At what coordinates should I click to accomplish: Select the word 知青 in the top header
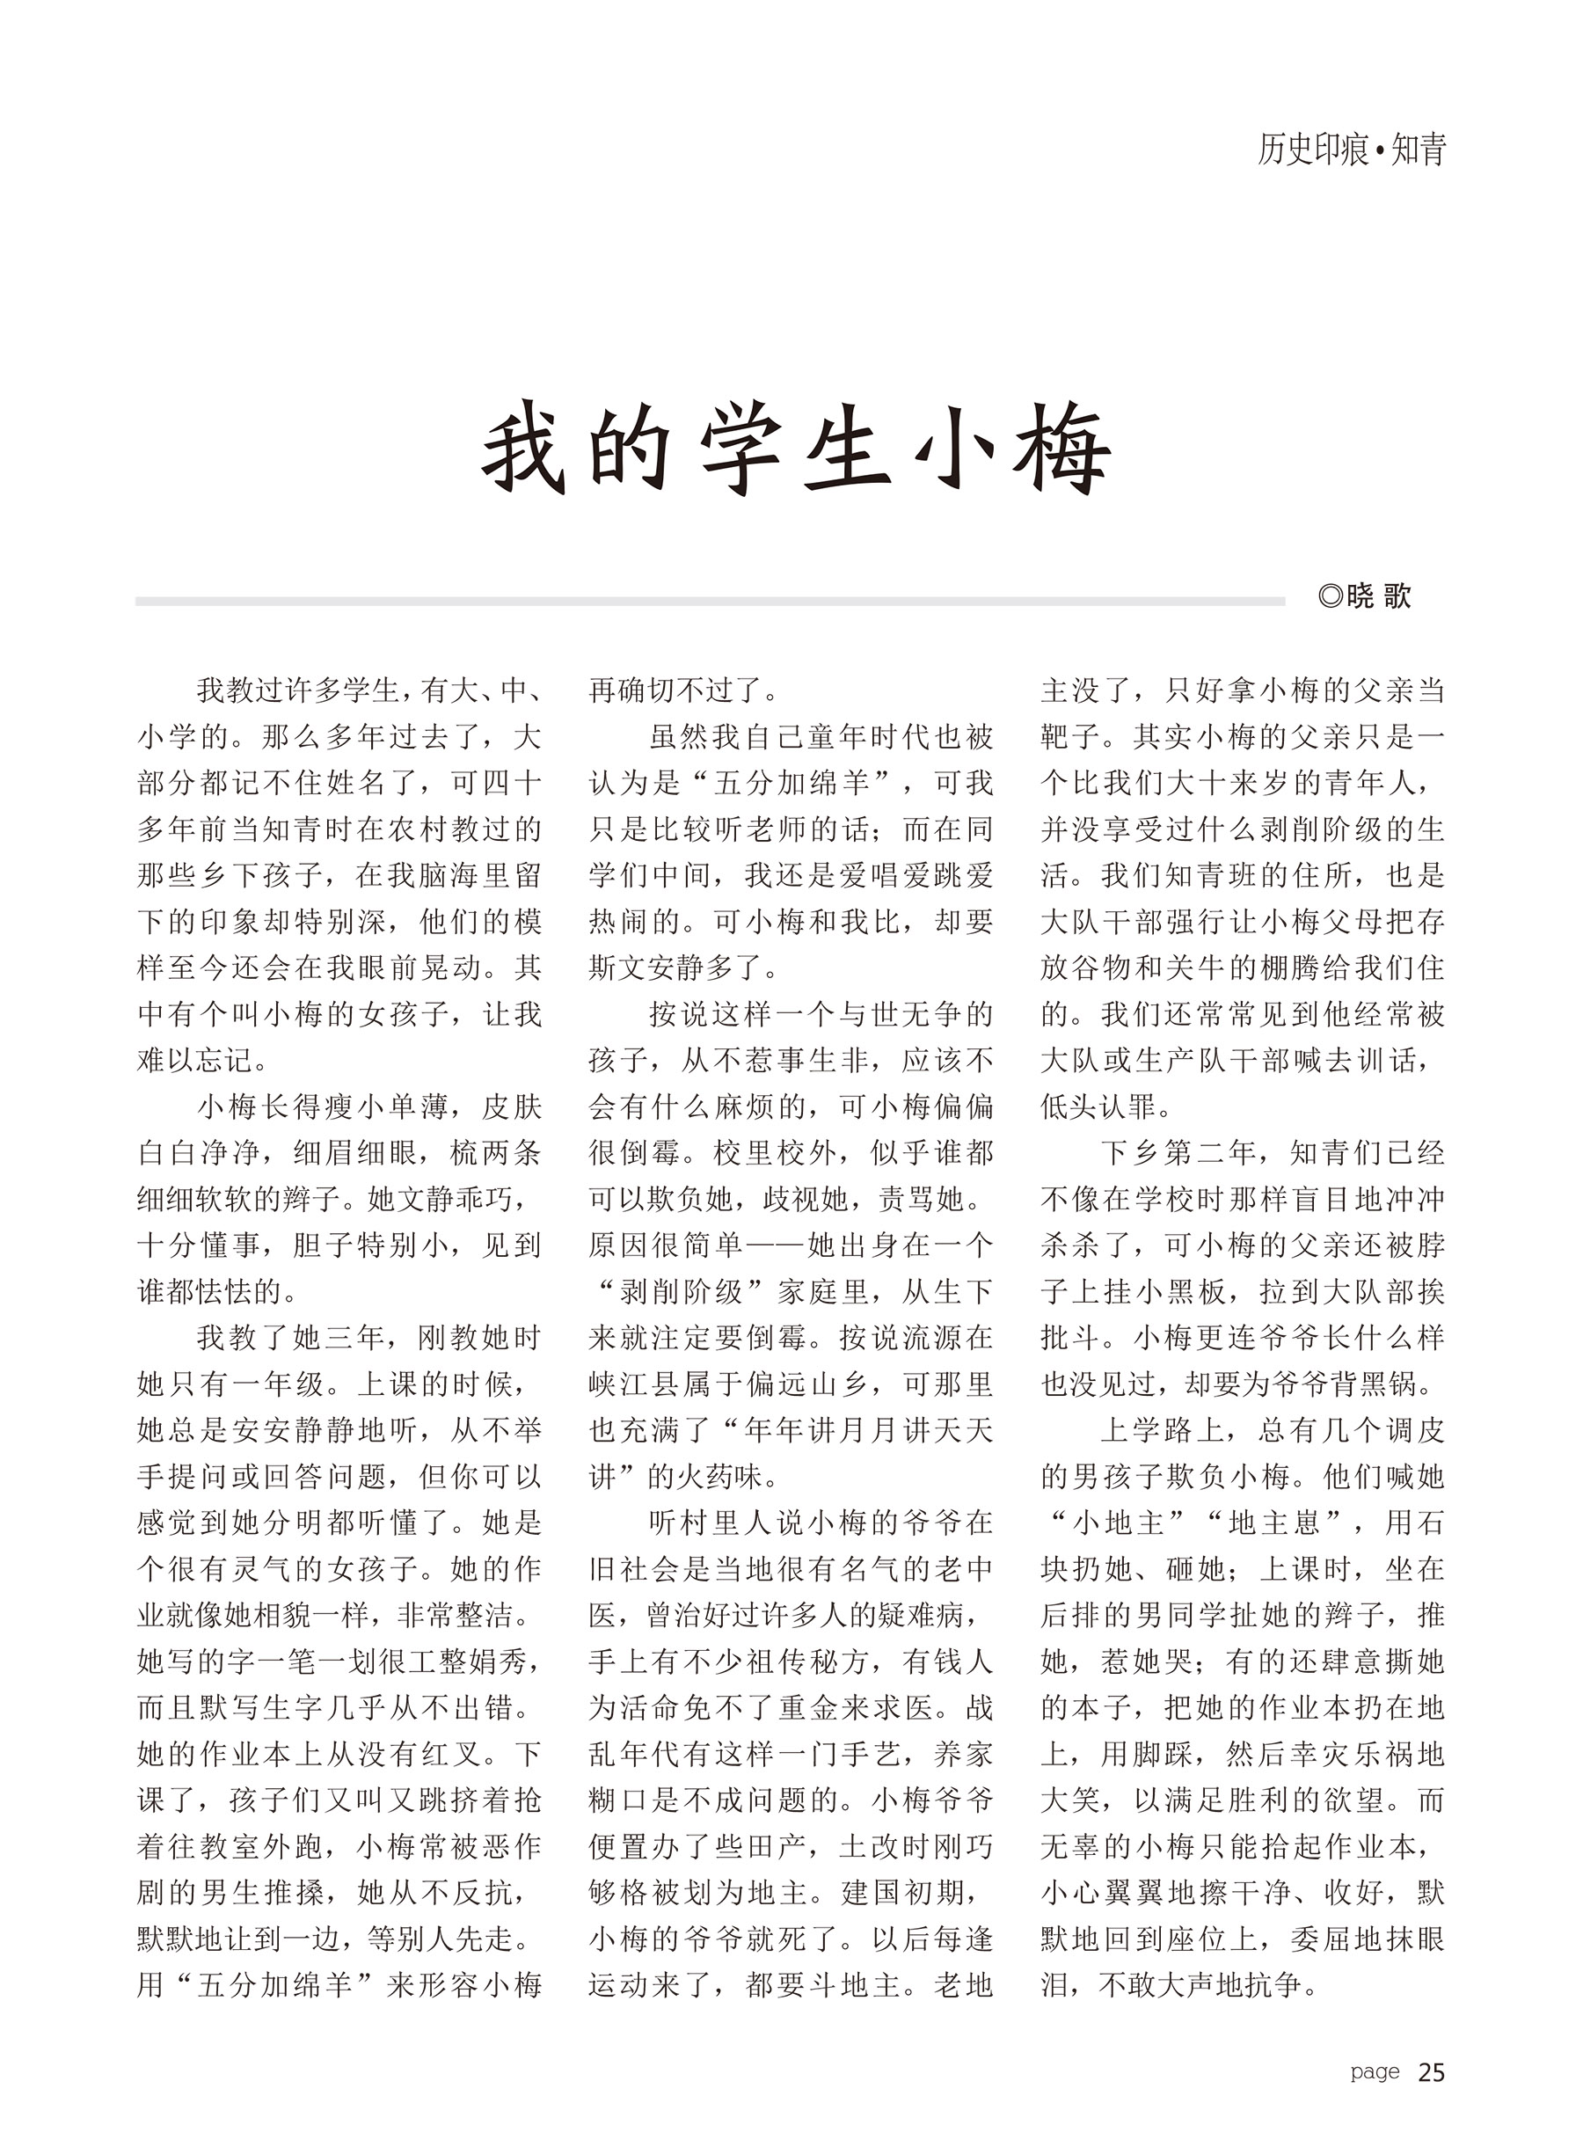click(1418, 150)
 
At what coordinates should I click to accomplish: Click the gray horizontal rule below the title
click(709, 602)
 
